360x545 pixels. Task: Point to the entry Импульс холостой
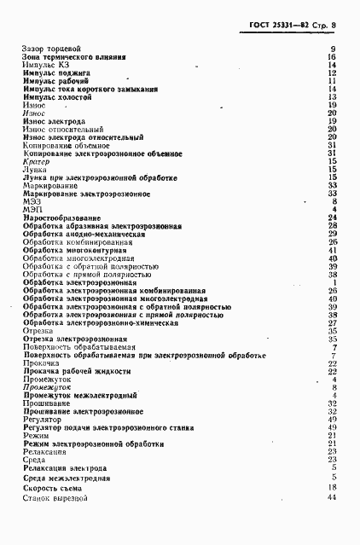tap(56, 97)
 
